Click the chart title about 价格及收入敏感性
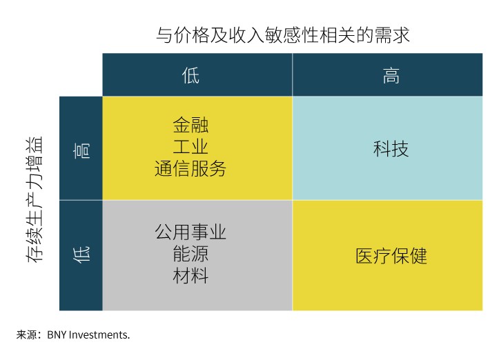pos(283,35)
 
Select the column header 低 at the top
pos(190,75)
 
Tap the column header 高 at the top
pos(391,75)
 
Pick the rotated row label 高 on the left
pos(81,149)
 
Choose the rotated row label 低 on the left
pos(81,255)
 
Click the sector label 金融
pos(190,125)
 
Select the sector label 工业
pos(190,147)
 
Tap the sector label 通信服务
pos(190,169)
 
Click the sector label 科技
pos(391,148)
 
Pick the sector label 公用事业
pos(190,232)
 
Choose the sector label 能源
pos(190,254)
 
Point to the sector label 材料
pos(190,276)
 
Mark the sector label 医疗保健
pos(391,256)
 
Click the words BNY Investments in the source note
pos(88,335)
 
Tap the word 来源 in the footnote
pos(26,335)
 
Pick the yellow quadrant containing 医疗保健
pos(442,290)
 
